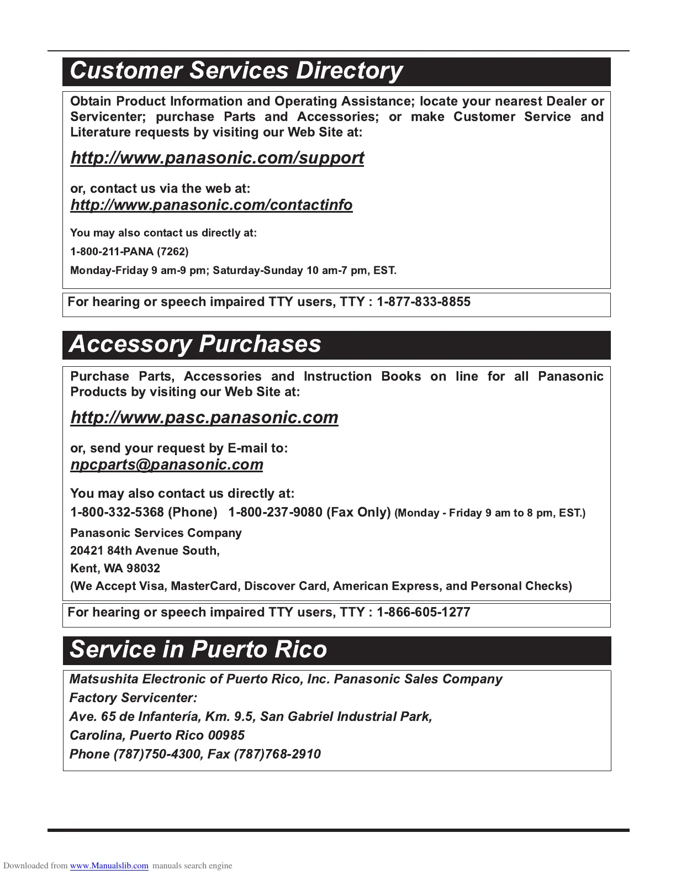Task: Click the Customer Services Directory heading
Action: tap(236, 71)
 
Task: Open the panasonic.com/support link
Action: tap(217, 158)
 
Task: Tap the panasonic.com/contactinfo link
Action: tap(211, 205)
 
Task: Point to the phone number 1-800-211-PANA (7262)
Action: tap(129, 252)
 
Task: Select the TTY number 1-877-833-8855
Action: tap(424, 302)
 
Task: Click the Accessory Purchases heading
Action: tap(195, 344)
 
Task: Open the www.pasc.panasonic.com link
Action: tap(204, 418)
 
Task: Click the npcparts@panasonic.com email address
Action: tap(167, 465)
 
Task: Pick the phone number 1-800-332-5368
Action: tap(117, 513)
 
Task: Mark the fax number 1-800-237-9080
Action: tap(275, 513)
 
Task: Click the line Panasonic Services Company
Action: tap(156, 533)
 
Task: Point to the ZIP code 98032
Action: tap(143, 568)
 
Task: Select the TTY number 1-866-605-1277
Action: tap(424, 613)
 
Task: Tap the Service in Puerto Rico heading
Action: tap(198, 650)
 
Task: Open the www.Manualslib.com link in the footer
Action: tap(109, 866)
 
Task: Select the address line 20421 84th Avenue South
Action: tap(145, 551)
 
